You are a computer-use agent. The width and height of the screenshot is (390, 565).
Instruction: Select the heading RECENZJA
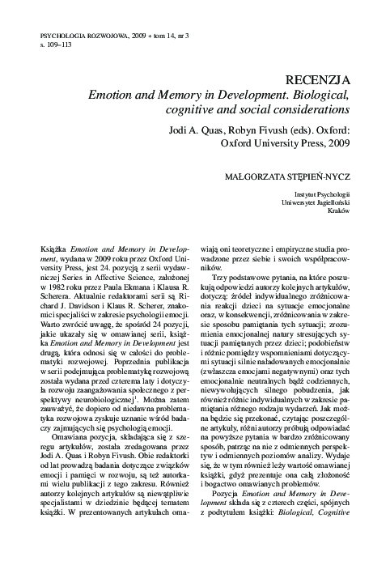[320, 80]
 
